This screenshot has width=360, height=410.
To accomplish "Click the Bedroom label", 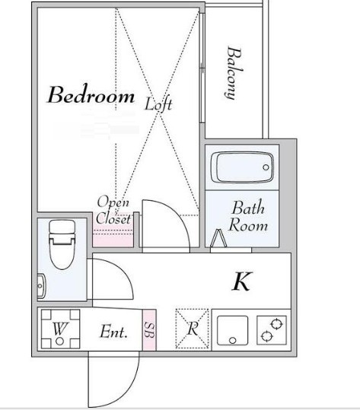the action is tap(91, 94).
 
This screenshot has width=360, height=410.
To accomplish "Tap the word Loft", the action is tap(158, 103).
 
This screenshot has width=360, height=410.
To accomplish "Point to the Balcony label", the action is tap(234, 73).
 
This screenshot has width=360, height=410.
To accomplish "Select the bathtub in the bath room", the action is tap(242, 167).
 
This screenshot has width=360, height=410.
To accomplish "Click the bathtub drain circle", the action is tap(266, 167).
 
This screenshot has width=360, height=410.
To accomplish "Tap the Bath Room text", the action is tap(248, 216).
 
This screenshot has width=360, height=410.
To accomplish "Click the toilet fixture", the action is tap(62, 244).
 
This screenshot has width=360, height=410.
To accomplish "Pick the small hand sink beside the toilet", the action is tap(41, 286).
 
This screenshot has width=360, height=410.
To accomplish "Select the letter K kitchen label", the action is tap(242, 281).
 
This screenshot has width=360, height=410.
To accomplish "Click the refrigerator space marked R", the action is tap(193, 329).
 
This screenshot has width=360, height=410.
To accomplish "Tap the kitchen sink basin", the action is tap(232, 330).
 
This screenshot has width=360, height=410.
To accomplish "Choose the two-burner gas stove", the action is tap(272, 330).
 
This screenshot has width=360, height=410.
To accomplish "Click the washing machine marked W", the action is tap(60, 329).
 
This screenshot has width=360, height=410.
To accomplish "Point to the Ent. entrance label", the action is tap(113, 332).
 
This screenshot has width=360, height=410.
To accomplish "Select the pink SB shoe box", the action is tap(149, 330).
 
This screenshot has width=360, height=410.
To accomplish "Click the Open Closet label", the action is tap(113, 210).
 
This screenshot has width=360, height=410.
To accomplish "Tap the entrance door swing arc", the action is tap(128, 386).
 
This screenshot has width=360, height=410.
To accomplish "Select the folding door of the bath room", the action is tap(218, 238).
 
